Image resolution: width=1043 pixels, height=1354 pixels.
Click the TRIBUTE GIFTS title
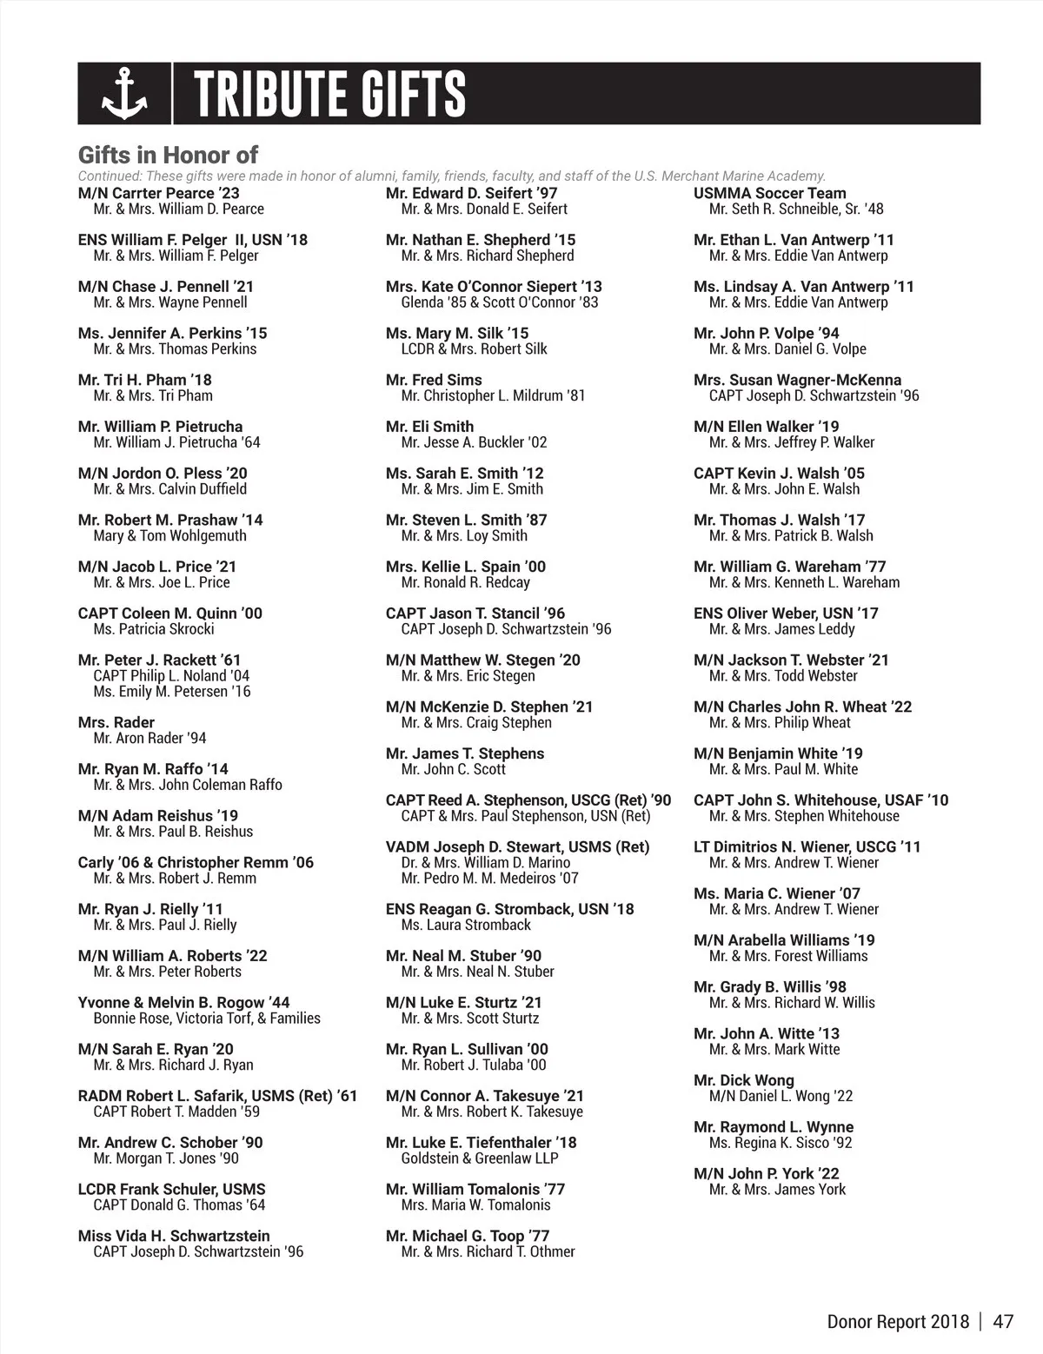pos(330,94)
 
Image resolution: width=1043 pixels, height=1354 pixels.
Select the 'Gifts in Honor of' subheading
pos(168,156)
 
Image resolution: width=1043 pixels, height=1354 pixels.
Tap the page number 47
pos(1003,1322)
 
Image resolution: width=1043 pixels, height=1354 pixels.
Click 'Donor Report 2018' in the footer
pos(898,1322)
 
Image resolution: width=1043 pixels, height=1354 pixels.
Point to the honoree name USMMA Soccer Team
pos(769,193)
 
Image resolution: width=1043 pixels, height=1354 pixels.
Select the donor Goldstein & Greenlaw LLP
pos(480,1158)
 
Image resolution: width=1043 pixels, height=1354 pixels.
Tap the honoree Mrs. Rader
pos(116,722)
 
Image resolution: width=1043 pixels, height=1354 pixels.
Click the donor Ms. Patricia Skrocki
pos(154,629)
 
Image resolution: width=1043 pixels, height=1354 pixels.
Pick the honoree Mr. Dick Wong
pos(744,1080)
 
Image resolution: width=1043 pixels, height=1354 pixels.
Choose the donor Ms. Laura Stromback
pos(466,925)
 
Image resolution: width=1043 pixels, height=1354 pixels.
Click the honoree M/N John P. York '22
pos(767,1173)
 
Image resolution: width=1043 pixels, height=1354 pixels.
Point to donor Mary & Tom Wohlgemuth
pos(169,535)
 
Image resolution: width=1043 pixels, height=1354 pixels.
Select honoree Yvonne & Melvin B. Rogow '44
pos(183,1002)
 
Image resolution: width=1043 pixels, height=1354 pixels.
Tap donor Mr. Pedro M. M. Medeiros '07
pos(489,878)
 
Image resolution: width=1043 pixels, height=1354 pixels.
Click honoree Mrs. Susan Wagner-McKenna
pos(797,380)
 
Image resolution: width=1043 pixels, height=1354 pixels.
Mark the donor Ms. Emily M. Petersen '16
pos(172,692)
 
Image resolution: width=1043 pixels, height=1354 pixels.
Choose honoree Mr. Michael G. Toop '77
pos(468,1236)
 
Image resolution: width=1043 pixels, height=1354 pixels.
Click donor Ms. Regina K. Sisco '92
pos(781,1143)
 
